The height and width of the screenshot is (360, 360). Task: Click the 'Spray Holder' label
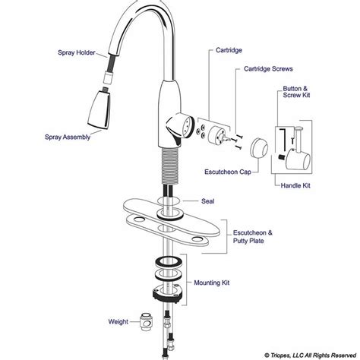pos(77,52)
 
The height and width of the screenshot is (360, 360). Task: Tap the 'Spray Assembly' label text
pos(68,137)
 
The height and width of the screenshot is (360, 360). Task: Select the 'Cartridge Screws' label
pos(268,69)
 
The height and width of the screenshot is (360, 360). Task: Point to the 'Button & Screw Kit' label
pos(296,92)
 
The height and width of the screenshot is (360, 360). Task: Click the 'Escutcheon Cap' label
pos(228,172)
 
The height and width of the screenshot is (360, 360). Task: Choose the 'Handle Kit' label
pos(295,185)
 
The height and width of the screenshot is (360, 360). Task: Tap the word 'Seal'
pos(208,201)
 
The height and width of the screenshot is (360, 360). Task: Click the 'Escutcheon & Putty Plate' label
pos(253,237)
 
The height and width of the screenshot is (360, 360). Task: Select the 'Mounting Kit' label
pos(212,283)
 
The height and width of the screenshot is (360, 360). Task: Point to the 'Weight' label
pos(118,322)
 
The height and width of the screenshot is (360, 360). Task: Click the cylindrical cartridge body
pos(216,134)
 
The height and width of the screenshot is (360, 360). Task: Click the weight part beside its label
pos(146,321)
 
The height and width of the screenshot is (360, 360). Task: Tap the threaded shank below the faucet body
pos(171,166)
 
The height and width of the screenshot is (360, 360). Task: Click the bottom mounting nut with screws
pos(167,293)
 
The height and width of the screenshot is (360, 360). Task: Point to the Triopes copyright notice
pos(310,355)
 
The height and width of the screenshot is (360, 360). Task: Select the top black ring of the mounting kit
pos(169,262)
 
